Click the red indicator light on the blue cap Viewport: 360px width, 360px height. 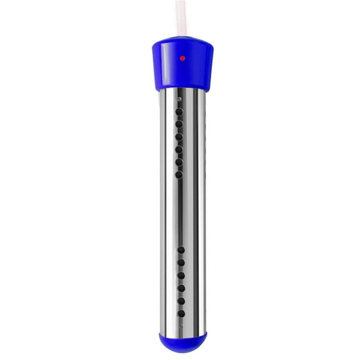[182, 58]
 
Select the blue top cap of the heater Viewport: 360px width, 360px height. [180, 66]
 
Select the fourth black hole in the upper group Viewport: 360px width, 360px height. [179, 149]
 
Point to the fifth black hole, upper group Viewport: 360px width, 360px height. [179, 162]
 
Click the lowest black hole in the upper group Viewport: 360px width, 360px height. [179, 174]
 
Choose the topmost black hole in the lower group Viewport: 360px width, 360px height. [180, 249]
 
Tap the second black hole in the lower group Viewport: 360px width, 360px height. [180, 262]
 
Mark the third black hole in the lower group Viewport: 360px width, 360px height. [180, 275]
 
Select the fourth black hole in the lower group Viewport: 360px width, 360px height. [180, 288]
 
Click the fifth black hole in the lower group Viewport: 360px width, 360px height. [180, 301]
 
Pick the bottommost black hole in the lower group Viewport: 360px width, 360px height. [180, 312]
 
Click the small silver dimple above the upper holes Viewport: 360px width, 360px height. [179, 99]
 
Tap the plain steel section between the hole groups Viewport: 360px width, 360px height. [180, 212]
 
